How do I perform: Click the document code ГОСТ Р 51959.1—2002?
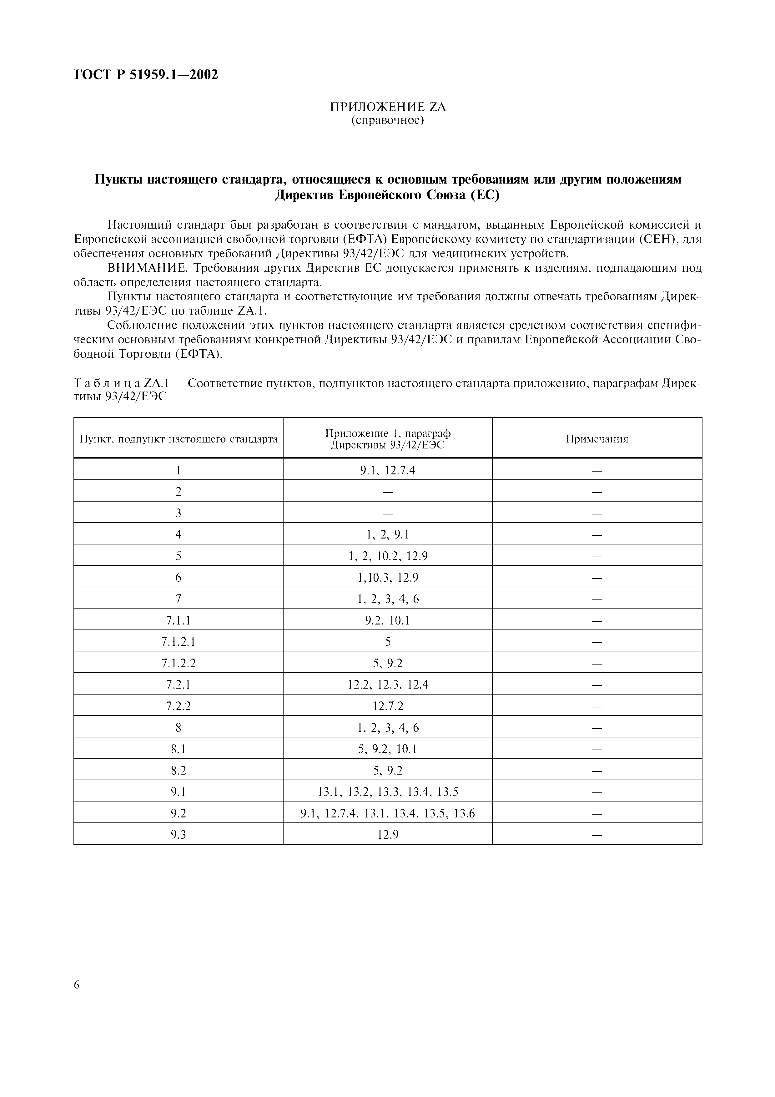coord(146,75)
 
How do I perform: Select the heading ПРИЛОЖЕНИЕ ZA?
coord(388,107)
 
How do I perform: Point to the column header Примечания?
coord(597,439)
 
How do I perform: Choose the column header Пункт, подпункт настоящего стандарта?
coord(179,439)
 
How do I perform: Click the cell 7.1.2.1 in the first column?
coord(178,642)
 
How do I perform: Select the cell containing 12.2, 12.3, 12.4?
coord(388,685)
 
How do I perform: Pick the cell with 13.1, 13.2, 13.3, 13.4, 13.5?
coord(388,792)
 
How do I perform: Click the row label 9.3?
coord(178,835)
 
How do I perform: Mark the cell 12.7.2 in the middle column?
coord(388,706)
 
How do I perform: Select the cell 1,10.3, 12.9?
coord(388,578)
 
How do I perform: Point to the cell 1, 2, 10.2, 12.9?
coord(388,556)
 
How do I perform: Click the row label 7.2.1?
coord(178,685)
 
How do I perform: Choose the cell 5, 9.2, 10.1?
coord(388,749)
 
